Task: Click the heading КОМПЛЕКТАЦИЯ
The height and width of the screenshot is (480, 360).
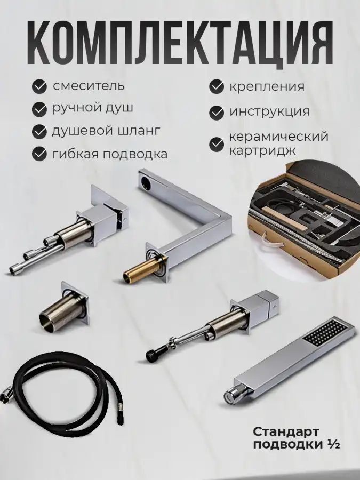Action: coord(180,42)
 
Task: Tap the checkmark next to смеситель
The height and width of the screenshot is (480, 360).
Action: coord(39,86)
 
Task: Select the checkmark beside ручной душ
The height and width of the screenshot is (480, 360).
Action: coord(39,109)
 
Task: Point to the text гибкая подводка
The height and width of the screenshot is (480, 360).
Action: coord(110,154)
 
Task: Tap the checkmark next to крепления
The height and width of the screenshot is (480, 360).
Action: coord(217,86)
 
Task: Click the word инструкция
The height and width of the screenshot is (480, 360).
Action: coord(269,111)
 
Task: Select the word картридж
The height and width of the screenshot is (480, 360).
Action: coord(262,150)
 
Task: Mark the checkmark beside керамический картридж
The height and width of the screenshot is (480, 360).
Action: coord(217,145)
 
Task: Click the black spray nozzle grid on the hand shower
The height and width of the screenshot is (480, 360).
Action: coord(326,333)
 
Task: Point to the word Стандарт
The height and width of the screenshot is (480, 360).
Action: coord(286,431)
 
